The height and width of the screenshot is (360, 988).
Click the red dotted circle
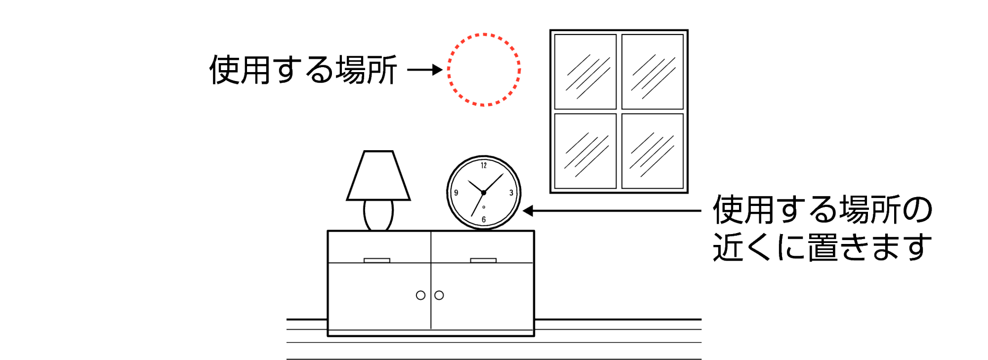(484, 70)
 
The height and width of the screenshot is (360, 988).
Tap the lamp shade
(378, 176)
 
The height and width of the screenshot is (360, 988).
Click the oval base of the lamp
(378, 214)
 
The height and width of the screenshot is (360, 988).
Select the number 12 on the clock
(484, 165)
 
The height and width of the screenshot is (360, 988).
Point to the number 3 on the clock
(511, 193)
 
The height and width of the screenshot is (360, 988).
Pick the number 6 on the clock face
(484, 219)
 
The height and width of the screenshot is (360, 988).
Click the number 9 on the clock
(456, 193)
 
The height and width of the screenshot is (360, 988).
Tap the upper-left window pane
(585, 72)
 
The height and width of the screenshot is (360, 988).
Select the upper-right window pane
(653, 72)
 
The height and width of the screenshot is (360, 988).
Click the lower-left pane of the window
(585, 151)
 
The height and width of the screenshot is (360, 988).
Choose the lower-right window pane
(653, 151)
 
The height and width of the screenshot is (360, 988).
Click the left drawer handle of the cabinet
(377, 260)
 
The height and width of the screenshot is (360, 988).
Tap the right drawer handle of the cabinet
(483, 260)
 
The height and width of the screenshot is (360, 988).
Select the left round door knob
(420, 295)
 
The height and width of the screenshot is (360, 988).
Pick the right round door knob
(439, 295)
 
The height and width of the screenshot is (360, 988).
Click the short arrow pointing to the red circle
(425, 70)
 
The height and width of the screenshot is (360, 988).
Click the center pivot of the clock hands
(483, 193)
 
